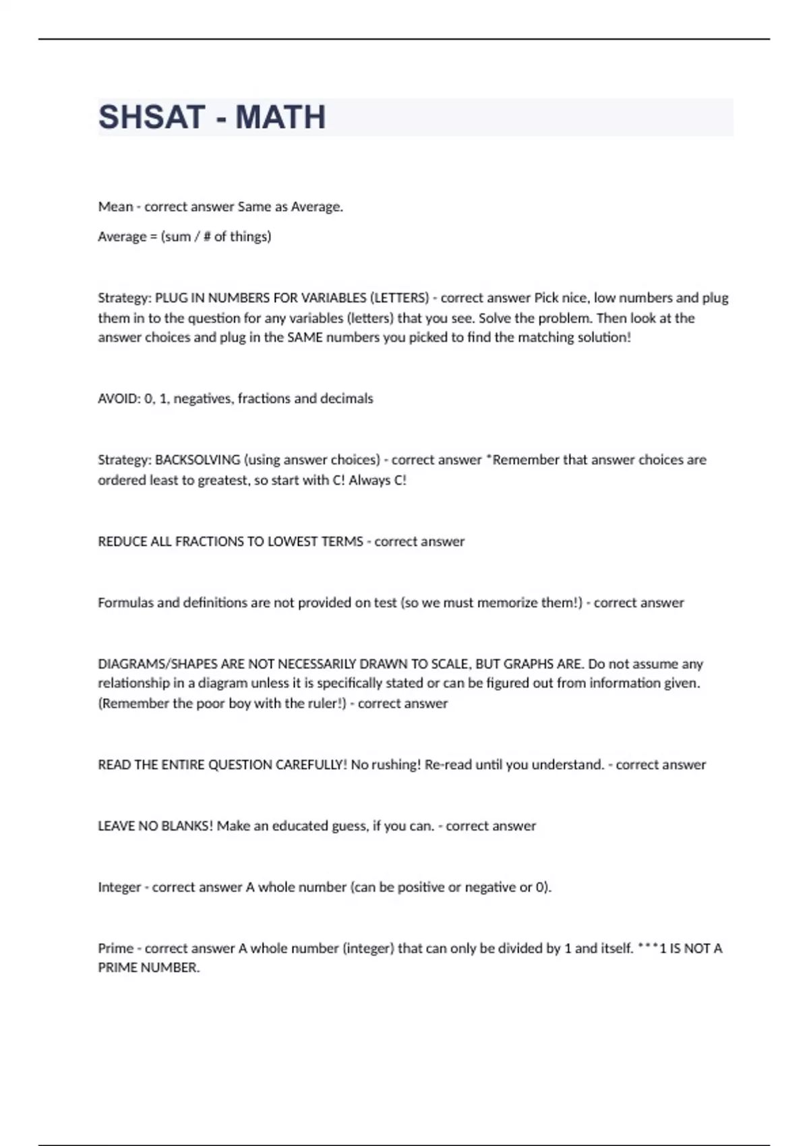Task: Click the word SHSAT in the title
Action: tap(152, 117)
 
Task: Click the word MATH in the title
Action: tap(280, 117)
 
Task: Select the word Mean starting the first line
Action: tap(115, 207)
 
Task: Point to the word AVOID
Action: tap(119, 399)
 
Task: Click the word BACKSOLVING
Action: tap(198, 460)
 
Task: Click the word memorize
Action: tap(508, 603)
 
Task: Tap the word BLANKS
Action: tap(187, 826)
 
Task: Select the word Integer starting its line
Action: tap(119, 888)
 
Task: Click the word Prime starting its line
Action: tap(115, 949)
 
